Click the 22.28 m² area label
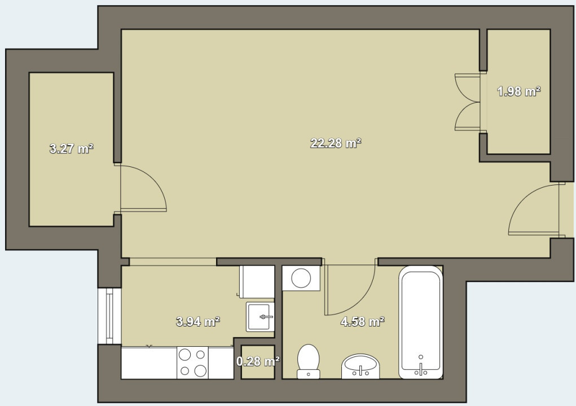336,143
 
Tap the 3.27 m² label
71,149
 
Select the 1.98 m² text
518,91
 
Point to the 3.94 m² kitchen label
197,322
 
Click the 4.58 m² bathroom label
362,322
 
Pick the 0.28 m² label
258,361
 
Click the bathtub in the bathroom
420,322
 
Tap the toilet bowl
309,356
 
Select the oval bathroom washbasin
361,367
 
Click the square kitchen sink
260,317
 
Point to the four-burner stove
192,363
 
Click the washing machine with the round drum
301,278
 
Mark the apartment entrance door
533,210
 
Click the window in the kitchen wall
109,316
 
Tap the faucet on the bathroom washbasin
361,370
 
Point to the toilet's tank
308,373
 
